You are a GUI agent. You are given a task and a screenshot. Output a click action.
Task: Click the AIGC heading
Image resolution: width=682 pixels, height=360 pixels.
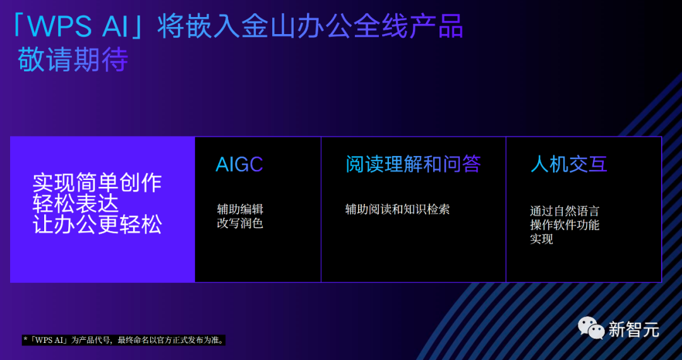click(x=239, y=164)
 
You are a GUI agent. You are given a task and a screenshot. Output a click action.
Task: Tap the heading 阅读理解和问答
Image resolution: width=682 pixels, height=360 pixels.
click(x=413, y=164)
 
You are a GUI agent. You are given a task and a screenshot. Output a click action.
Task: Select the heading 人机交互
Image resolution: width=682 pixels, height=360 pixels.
click(x=569, y=164)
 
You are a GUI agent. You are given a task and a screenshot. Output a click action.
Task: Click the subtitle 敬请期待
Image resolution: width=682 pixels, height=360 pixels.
click(x=73, y=60)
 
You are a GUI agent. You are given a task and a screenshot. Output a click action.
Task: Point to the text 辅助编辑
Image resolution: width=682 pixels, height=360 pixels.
click(x=240, y=209)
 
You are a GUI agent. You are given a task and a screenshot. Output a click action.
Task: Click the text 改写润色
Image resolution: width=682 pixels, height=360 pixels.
click(x=240, y=224)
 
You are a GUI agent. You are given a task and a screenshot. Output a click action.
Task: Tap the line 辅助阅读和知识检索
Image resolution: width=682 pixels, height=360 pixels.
click(x=397, y=209)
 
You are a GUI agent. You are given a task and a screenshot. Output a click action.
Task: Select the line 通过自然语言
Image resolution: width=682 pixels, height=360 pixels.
click(x=565, y=212)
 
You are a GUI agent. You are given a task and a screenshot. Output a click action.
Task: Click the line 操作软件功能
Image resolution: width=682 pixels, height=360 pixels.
click(x=565, y=225)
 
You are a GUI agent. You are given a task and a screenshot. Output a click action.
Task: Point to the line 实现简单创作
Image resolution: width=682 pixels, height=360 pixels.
click(x=97, y=183)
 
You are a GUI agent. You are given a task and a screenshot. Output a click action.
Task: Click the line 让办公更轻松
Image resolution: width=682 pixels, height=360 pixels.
click(x=97, y=225)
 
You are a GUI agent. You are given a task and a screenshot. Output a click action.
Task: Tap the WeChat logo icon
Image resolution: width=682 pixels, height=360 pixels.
click(x=591, y=328)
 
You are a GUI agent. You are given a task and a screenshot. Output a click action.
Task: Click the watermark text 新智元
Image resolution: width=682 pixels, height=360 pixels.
click(x=634, y=329)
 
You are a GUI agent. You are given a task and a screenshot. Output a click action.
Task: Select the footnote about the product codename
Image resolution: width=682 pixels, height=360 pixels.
click(x=124, y=340)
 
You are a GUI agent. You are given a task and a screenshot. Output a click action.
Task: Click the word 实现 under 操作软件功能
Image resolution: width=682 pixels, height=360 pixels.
click(x=542, y=239)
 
